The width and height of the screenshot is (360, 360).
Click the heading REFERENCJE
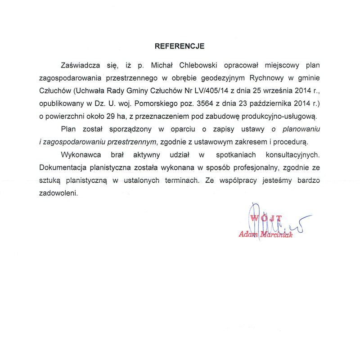180,46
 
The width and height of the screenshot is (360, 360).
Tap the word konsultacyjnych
291,155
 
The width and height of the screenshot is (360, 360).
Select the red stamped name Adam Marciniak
266,235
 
